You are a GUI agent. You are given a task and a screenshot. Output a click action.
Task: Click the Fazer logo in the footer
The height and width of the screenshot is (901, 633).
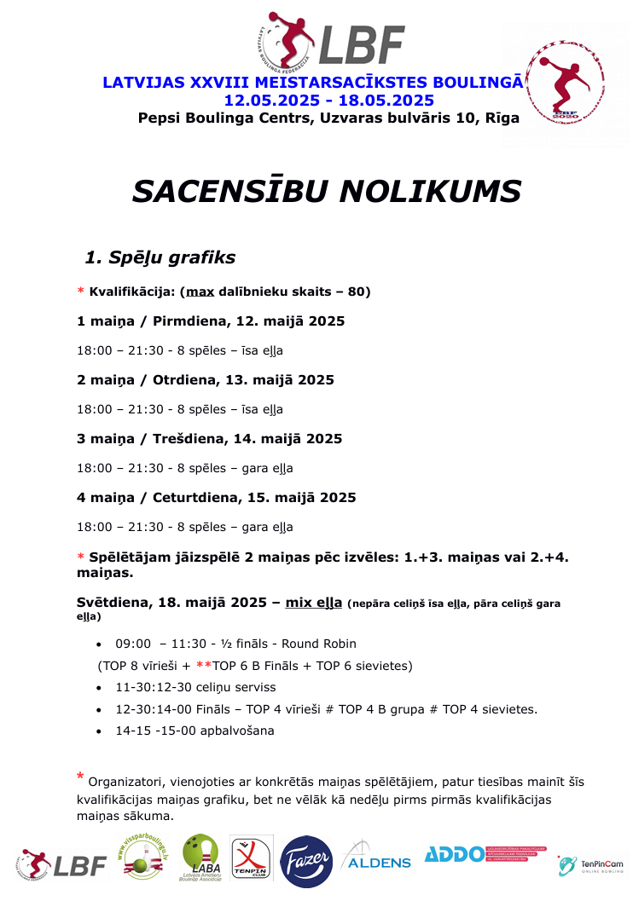[306, 862]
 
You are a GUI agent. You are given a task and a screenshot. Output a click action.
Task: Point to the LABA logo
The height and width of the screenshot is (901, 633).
[200, 858]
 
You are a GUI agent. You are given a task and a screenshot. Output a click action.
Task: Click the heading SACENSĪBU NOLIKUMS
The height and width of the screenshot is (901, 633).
[327, 191]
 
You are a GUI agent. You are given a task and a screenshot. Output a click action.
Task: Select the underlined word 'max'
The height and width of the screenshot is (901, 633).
[200, 292]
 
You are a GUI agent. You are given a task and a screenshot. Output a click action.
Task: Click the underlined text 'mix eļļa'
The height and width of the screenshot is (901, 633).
[314, 603]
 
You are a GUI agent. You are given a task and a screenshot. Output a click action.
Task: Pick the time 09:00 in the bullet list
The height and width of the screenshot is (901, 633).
[133, 644]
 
